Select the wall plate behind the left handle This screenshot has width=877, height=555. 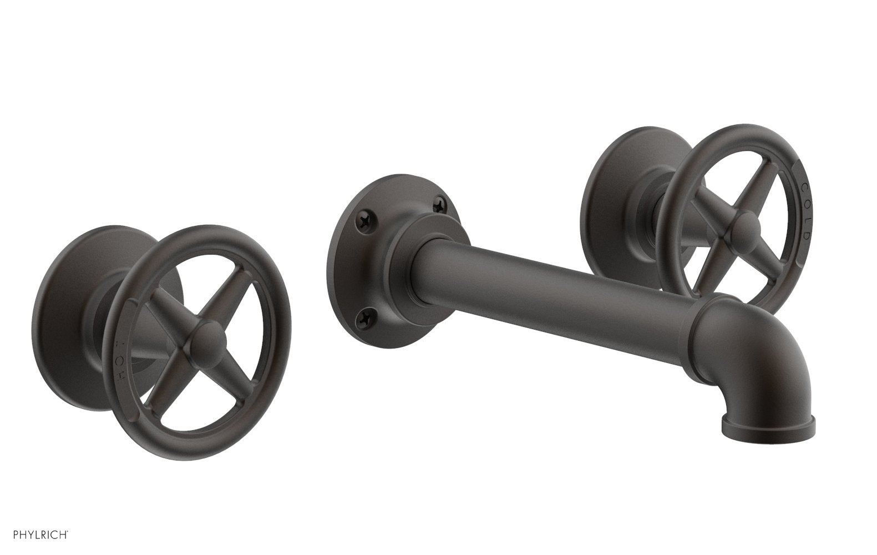click(64, 311)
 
